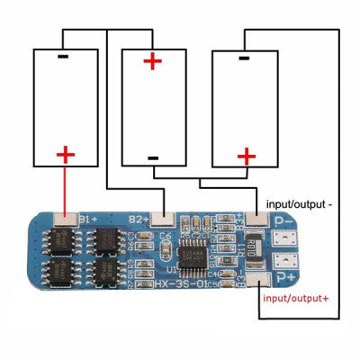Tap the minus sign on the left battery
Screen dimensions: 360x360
pos(62,55)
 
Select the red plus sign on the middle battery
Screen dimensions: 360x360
pos(154,61)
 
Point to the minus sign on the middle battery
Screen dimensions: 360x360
pos(153,158)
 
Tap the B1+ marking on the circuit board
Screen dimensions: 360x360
pos(87,219)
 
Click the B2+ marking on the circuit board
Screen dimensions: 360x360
pos(137,219)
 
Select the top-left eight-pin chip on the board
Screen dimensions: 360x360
pos(61,239)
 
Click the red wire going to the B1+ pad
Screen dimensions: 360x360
pos(65,189)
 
